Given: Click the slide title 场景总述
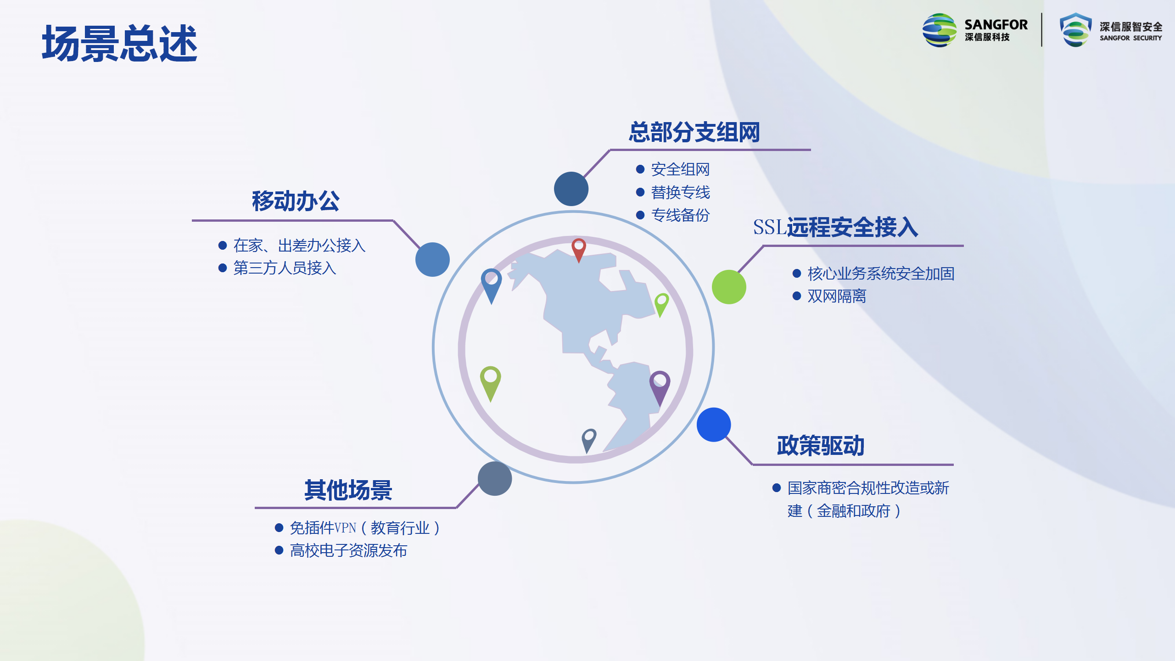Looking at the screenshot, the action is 119,44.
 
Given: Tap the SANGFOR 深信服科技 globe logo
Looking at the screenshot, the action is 940,30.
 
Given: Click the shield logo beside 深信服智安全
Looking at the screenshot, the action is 1075,30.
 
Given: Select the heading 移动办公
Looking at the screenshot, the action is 296,201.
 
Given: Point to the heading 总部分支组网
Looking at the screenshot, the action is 694,132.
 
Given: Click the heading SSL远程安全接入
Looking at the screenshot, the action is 835,227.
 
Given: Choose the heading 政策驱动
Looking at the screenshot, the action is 821,445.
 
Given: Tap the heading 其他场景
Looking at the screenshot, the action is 348,490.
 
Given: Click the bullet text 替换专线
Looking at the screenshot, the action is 680,192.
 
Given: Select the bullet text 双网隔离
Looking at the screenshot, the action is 837,296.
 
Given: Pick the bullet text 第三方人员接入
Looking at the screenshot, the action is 285,268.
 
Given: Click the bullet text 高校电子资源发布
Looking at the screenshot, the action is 348,550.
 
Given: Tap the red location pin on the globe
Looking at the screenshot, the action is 579,249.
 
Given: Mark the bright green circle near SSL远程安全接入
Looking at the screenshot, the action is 729,287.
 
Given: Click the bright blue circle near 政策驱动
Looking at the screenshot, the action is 714,425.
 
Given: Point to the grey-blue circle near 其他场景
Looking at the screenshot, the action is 495,478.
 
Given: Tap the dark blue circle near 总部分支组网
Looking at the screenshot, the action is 571,189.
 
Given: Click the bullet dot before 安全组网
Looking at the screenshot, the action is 640,169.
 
